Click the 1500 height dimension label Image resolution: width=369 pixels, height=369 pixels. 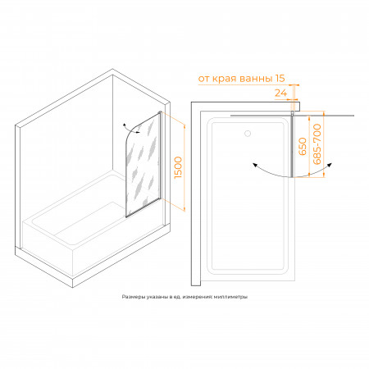[x=178, y=167]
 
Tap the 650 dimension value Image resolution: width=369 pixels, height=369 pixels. [x=303, y=147]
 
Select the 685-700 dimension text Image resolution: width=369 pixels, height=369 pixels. [x=317, y=144]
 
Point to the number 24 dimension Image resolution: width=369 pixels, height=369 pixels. [x=280, y=93]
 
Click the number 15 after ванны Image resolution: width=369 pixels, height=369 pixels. [x=280, y=78]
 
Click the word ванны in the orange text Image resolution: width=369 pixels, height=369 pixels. [x=256, y=79]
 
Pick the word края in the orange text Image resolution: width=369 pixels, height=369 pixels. [x=225, y=80]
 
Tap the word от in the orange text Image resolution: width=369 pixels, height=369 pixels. [x=204, y=79]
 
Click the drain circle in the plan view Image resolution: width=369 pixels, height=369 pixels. [x=248, y=134]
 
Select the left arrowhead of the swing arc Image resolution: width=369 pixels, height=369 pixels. [x=255, y=165]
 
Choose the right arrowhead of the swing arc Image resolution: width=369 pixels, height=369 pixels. [x=330, y=165]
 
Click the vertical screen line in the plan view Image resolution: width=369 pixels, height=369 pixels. [x=292, y=146]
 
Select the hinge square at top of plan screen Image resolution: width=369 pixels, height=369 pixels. [x=292, y=112]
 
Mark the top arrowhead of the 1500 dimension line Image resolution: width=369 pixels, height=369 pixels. [x=184, y=126]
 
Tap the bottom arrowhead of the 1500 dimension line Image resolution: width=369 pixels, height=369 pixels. [x=184, y=209]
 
